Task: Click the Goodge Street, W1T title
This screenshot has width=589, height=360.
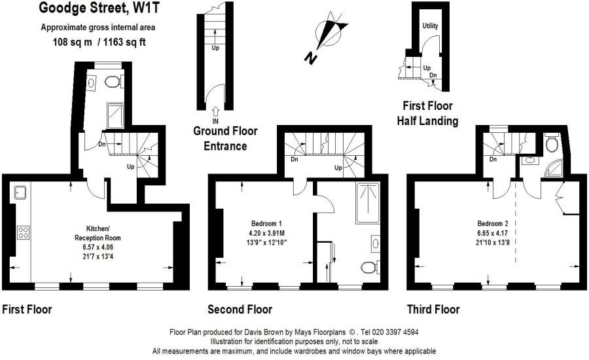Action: click(x=99, y=8)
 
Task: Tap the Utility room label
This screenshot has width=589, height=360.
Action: click(x=430, y=26)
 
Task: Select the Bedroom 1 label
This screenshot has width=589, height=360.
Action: click(x=266, y=224)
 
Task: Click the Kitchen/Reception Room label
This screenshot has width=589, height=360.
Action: click(x=98, y=233)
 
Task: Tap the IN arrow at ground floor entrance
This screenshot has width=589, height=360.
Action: click(x=215, y=112)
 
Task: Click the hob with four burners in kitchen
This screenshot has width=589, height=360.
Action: click(x=23, y=232)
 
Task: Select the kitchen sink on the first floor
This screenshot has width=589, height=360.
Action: click(x=20, y=193)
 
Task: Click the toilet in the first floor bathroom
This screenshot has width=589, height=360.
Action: click(x=113, y=81)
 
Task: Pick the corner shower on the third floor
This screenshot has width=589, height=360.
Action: click(x=554, y=168)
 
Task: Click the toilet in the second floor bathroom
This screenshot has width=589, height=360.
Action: click(x=368, y=268)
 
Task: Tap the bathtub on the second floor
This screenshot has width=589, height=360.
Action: click(x=368, y=204)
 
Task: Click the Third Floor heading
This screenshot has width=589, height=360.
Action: click(x=433, y=310)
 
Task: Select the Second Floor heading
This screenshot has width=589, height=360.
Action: click(x=240, y=310)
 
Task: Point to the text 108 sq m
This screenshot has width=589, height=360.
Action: click(x=72, y=42)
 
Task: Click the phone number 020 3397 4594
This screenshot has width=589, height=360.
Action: click(x=395, y=333)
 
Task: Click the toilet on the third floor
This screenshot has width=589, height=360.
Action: click(x=552, y=143)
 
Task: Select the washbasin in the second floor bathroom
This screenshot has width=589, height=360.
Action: click(x=376, y=243)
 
